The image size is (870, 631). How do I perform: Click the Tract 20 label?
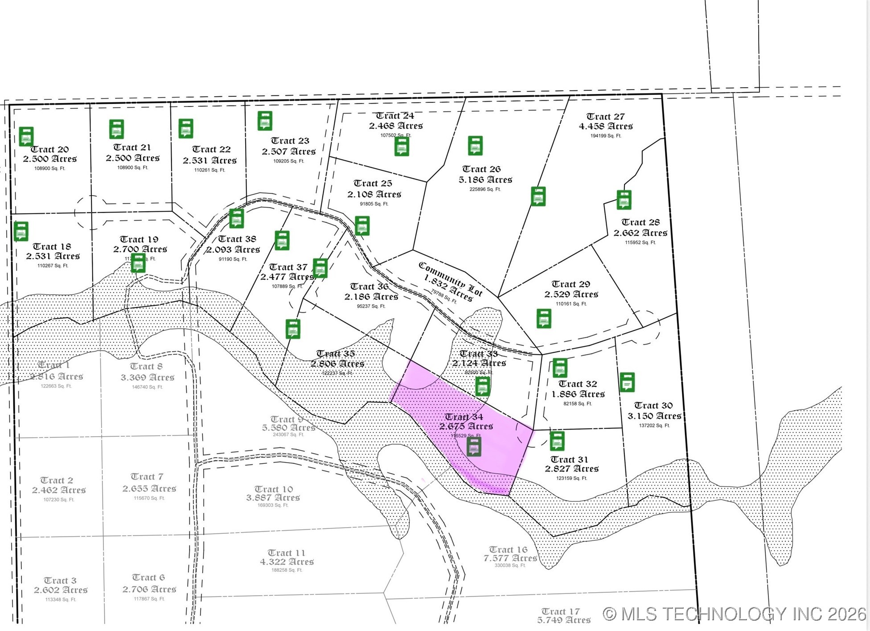pos(49,149)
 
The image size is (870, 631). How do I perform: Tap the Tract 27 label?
pos(605,117)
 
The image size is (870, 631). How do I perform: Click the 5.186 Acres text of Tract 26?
pos(485,180)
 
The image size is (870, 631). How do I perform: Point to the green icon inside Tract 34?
pos(474,446)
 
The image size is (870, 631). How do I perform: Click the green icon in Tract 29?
pos(544,318)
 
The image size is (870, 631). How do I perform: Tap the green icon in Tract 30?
pos(627,382)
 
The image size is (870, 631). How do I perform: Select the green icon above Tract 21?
pos(117,129)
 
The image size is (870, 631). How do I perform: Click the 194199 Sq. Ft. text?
pos(605,136)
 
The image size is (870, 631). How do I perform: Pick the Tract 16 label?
pos(508,549)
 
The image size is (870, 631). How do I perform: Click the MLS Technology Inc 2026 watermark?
pos(735,614)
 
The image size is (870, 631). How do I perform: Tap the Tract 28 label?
pos(640,222)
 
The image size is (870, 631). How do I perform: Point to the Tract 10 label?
pos(274,489)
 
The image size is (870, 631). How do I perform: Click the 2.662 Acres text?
pos(640,233)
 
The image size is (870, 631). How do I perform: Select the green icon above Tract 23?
pos(265,121)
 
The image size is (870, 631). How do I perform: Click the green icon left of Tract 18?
pos(21,231)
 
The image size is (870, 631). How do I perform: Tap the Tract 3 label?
pos(60,581)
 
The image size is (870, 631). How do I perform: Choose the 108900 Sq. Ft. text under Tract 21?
pos(132,168)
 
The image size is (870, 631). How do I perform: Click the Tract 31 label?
pos(569,459)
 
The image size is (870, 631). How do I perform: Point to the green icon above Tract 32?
pos(560,368)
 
